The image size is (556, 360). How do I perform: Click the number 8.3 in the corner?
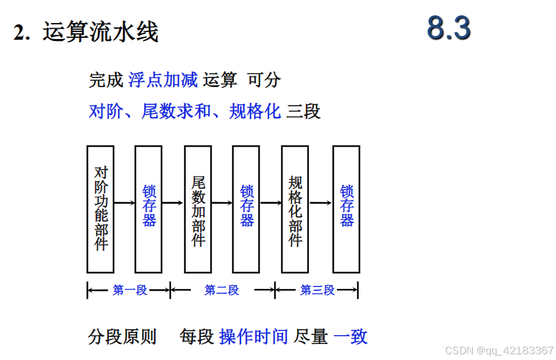(449, 29)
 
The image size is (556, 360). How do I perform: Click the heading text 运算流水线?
(101, 31)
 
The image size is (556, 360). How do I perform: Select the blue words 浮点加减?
(163, 80)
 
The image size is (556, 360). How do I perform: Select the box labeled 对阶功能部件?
(100, 209)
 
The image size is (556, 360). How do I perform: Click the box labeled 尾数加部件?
(198, 209)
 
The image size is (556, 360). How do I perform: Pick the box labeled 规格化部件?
(295, 209)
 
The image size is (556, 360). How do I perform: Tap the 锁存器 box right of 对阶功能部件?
(149, 209)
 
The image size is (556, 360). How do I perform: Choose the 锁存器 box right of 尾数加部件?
(246, 209)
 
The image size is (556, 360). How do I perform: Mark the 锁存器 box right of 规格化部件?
(346, 209)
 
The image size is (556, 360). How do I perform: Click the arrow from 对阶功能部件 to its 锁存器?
(124, 203)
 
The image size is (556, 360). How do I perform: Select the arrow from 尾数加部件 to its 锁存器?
(222, 203)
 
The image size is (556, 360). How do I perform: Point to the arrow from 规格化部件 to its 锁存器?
(320, 203)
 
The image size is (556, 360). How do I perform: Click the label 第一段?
(130, 290)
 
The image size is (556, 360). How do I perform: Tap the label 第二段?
(222, 290)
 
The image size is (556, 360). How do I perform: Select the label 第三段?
(318, 290)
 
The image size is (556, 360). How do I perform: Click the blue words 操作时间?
(254, 336)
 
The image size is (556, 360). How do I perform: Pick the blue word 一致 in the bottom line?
(351, 336)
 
